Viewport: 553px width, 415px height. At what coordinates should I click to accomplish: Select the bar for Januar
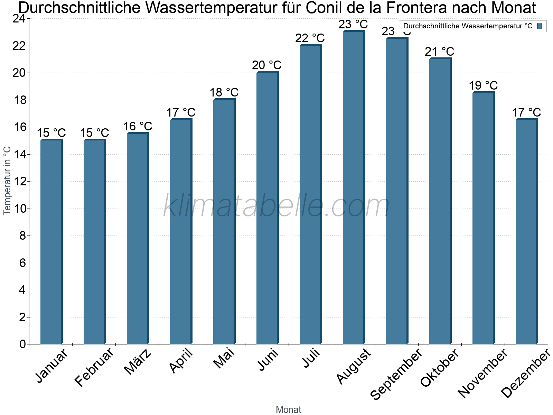[x=51, y=242]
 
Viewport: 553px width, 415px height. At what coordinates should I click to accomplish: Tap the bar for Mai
[x=224, y=221]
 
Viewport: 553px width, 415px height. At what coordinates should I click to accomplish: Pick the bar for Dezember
[x=526, y=232]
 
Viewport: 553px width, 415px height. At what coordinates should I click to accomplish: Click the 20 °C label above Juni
[x=267, y=65]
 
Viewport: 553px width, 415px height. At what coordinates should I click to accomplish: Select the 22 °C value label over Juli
[x=310, y=38]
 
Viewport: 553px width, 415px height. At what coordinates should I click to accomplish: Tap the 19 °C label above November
[x=483, y=85]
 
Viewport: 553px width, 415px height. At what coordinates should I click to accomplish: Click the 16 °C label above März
[x=138, y=126]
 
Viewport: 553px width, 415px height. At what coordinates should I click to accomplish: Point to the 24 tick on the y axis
[x=19, y=19]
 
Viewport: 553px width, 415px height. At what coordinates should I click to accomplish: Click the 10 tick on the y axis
[x=19, y=209]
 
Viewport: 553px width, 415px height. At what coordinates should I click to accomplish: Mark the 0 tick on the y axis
[x=22, y=344]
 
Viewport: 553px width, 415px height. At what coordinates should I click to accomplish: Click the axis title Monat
[x=288, y=409]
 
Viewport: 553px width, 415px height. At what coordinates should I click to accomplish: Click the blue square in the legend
[x=540, y=26]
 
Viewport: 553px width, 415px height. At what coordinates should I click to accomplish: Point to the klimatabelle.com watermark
[x=276, y=206]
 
